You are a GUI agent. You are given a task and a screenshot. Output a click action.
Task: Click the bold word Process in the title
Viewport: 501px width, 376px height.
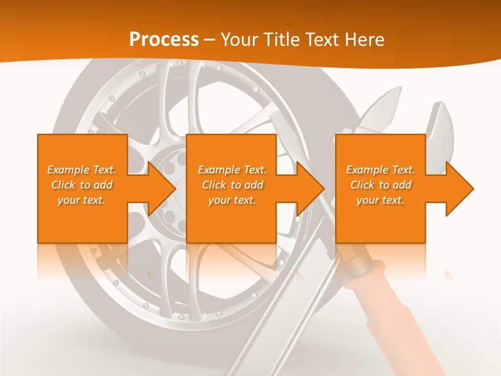pos(164,40)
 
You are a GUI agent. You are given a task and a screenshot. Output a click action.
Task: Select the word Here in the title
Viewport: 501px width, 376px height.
pos(364,40)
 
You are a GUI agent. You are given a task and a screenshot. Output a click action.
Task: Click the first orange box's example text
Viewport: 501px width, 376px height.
pos(82,185)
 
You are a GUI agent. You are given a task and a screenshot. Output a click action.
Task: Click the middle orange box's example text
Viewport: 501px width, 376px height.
pos(232,185)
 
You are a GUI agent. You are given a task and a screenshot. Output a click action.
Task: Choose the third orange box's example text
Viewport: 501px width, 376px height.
pos(380,185)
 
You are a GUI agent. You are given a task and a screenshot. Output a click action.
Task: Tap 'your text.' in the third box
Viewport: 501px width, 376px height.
pos(380,200)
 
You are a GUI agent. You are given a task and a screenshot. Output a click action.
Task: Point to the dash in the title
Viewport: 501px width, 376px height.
pos(210,40)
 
